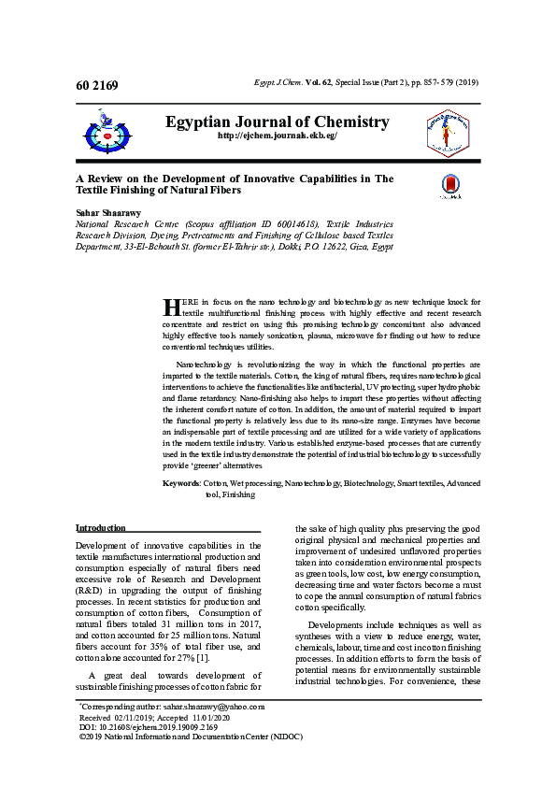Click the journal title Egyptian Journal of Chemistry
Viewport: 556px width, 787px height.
277,122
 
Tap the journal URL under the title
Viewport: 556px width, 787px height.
277,136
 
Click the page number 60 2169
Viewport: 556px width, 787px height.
97,87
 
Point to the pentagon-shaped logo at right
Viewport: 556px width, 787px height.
448,131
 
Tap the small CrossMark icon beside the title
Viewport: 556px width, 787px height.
449,185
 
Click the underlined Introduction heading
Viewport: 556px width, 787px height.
100,528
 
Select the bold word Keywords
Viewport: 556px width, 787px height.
181,483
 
